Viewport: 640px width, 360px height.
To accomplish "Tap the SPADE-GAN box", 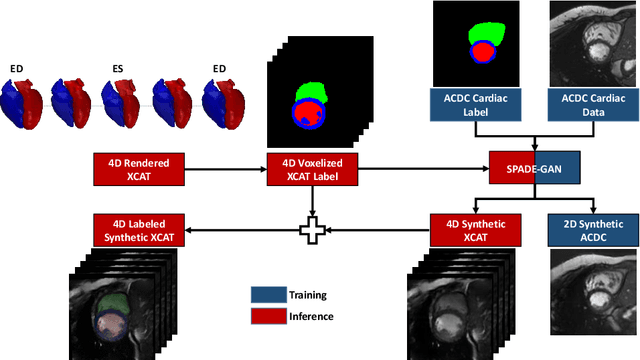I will (x=535, y=166).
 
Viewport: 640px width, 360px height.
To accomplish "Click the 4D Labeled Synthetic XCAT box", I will (x=133, y=230).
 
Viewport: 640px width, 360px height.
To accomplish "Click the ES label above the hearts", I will (x=118, y=68).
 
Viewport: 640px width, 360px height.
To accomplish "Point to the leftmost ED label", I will (x=17, y=68).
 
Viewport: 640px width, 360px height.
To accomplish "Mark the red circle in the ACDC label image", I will (x=483, y=51).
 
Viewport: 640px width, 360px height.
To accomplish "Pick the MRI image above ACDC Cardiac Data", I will (x=594, y=45).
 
